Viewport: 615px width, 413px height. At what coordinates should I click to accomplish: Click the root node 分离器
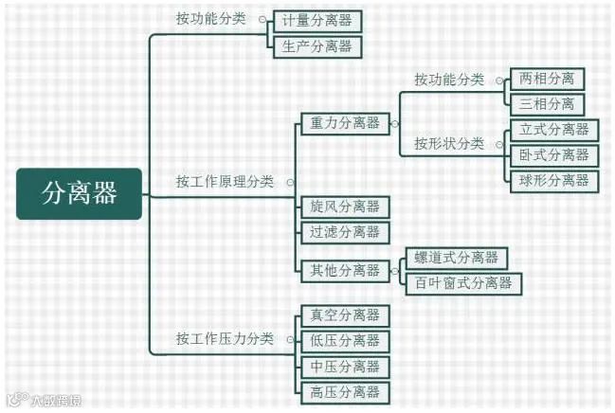(x=80, y=193)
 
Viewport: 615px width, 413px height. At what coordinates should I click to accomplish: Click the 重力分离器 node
(x=345, y=123)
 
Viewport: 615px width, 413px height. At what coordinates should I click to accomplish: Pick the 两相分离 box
(x=547, y=79)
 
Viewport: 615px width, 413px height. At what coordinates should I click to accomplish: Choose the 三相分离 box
(x=547, y=104)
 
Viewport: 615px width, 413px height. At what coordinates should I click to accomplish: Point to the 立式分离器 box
(x=553, y=130)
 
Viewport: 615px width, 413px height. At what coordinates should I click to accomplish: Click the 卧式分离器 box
(x=553, y=155)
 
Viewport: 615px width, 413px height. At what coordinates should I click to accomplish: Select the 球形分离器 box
(x=553, y=180)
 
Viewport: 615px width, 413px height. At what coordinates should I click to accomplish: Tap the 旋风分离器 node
(x=344, y=206)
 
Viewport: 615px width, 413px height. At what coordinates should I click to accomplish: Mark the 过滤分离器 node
(x=344, y=231)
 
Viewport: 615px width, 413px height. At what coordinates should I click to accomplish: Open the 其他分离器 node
(x=345, y=270)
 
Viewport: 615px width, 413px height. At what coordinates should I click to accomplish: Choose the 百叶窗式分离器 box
(x=462, y=282)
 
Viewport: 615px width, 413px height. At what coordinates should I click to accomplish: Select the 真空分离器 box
(x=344, y=315)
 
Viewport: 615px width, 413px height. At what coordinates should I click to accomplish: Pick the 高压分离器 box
(x=344, y=391)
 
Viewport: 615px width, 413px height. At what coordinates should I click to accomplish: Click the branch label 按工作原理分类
(x=225, y=181)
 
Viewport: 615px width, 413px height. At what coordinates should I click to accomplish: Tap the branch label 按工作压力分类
(x=225, y=339)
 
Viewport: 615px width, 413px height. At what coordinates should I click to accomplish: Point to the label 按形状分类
(x=448, y=144)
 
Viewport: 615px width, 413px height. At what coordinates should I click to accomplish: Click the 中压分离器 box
(x=344, y=366)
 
